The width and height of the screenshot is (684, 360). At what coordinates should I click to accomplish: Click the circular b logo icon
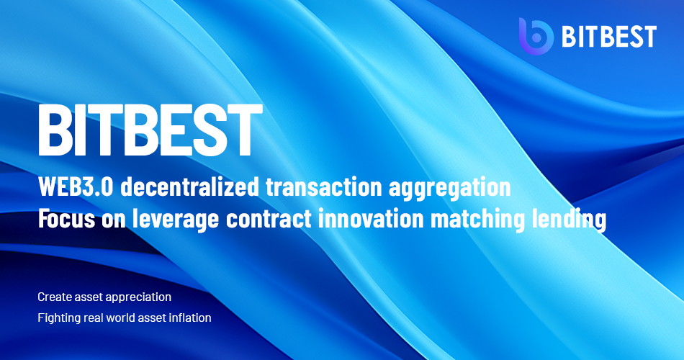click(x=536, y=37)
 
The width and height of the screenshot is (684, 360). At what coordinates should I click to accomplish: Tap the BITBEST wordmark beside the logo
click(x=609, y=37)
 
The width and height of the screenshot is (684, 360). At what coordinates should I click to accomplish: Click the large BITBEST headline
click(x=150, y=130)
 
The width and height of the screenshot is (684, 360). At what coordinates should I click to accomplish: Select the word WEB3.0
click(x=76, y=186)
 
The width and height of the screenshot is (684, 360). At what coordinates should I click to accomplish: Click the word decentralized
click(x=190, y=186)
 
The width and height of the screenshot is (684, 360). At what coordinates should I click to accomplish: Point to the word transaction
click(x=324, y=186)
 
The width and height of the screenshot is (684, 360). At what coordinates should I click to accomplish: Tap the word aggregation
click(x=450, y=189)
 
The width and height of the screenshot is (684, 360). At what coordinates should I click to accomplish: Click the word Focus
click(x=66, y=219)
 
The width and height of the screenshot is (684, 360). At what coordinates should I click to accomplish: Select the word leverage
click(x=176, y=220)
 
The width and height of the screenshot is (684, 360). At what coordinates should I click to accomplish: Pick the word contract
click(x=269, y=219)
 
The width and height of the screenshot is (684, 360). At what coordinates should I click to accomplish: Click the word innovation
click(x=372, y=219)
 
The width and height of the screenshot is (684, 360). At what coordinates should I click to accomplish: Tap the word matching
click(x=477, y=220)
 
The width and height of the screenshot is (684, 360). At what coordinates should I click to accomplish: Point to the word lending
click(x=569, y=220)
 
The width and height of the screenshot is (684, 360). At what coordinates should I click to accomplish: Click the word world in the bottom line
click(x=122, y=318)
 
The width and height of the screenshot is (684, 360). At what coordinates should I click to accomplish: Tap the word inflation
click(x=191, y=318)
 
